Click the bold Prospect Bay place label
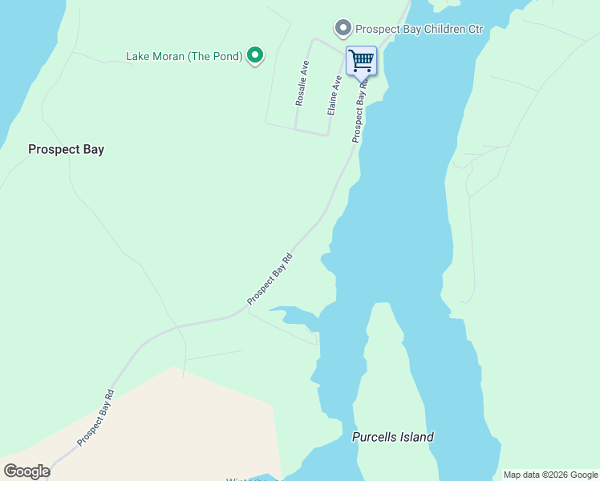(66, 149)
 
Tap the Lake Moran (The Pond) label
(184, 56)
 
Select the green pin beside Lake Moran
(255, 55)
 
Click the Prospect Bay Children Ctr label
(420, 29)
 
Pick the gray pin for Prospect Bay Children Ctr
(343, 29)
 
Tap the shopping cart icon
(361, 60)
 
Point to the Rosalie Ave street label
(302, 83)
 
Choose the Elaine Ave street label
(334, 95)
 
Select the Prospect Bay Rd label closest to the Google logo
(96, 418)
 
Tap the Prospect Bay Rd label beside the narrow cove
(270, 279)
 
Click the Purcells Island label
(392, 437)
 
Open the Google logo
(26, 471)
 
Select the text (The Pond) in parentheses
(215, 56)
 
